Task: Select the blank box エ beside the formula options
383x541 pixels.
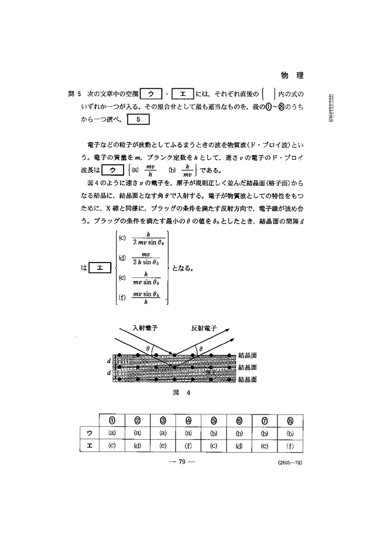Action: click(x=99, y=267)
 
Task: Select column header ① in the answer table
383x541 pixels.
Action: click(x=112, y=421)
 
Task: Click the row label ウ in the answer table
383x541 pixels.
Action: click(x=89, y=432)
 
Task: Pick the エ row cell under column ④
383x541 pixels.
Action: click(x=188, y=444)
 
